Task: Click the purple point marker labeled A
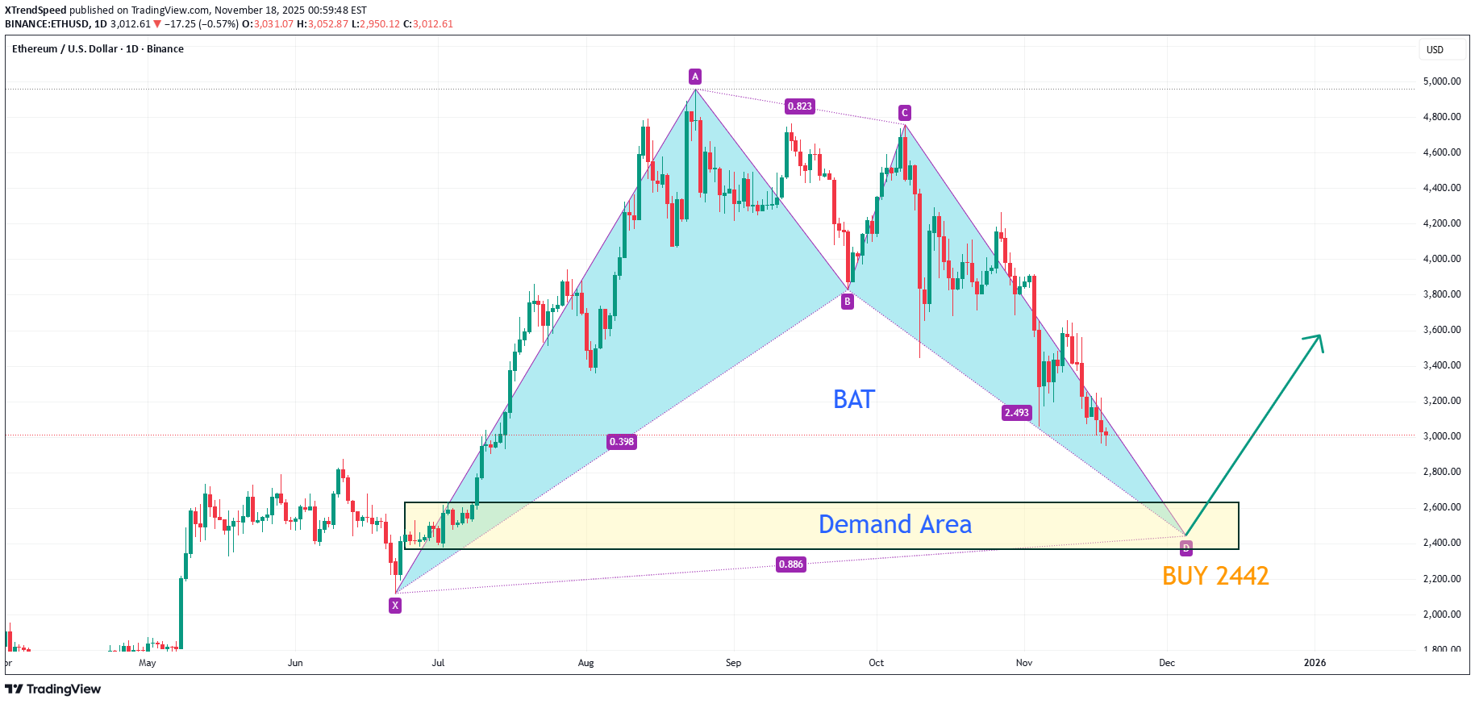tap(695, 77)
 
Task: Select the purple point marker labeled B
tap(847, 302)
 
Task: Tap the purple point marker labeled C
tap(905, 113)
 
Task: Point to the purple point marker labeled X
tap(395, 606)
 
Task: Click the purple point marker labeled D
tap(1185, 548)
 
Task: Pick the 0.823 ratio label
tap(800, 106)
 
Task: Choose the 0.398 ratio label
tap(622, 442)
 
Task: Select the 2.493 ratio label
tap(1016, 413)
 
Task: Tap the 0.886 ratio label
tap(790, 564)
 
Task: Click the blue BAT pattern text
tap(854, 399)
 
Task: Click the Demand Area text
tap(894, 525)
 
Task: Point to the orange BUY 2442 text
tap(1215, 576)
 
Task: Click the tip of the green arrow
tap(1320, 335)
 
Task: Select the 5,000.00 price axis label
tap(1442, 81)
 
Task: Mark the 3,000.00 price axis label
tap(1442, 436)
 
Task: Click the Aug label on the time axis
tap(586, 663)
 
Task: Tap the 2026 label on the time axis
tap(1315, 663)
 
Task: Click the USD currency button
tap(1435, 50)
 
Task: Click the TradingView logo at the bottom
tap(53, 689)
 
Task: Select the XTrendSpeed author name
tap(35, 10)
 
